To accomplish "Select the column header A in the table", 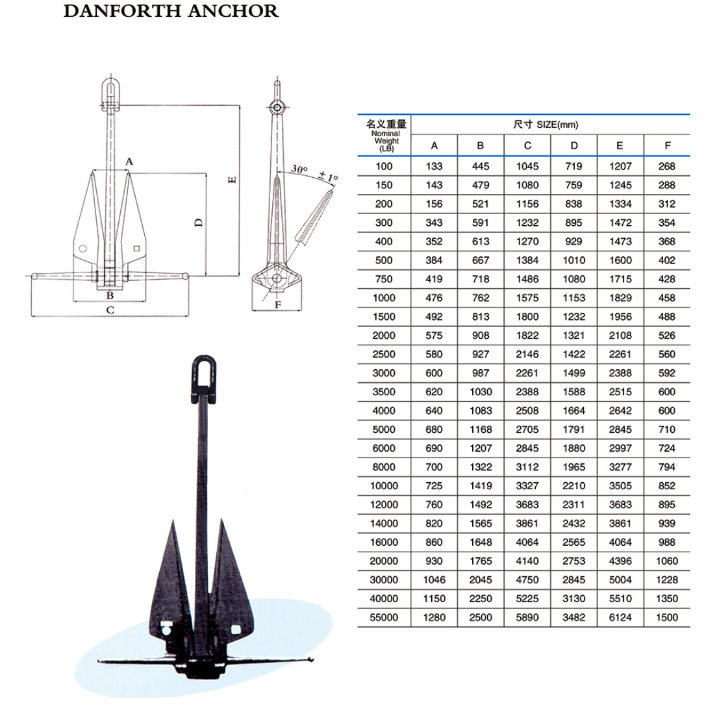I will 434,146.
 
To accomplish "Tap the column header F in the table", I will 667,146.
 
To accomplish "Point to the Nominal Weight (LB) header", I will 386,136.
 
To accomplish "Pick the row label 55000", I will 384,617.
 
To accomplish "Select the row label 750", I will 384,279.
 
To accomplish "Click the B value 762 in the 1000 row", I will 480,298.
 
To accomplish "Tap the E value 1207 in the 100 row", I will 620,166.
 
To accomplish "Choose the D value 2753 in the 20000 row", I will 573,561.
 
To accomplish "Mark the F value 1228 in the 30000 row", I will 667,580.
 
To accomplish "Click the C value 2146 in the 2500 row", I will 527,354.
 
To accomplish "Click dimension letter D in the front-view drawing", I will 199,223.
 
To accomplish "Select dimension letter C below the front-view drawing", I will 110,310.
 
